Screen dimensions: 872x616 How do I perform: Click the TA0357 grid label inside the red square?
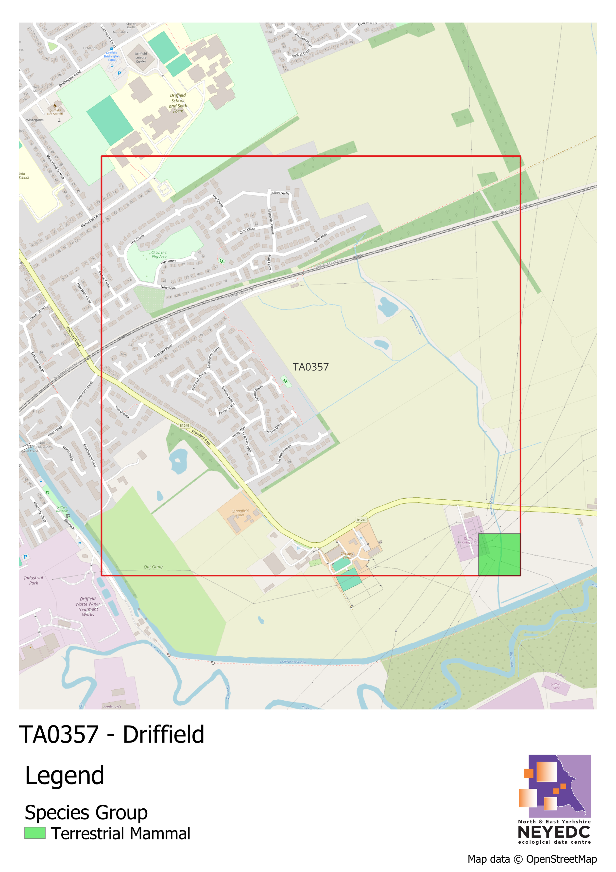click(x=310, y=367)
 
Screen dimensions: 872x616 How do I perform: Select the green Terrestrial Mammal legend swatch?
click(x=35, y=833)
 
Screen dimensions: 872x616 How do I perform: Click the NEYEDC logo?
click(x=554, y=799)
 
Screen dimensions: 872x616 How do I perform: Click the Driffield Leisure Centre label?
click(x=141, y=57)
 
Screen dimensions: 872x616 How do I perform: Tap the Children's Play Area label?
click(x=159, y=254)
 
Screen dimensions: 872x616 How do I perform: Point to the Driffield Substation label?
click(x=470, y=541)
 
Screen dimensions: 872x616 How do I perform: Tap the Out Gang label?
click(x=153, y=567)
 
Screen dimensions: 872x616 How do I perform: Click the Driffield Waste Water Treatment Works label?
click(x=88, y=606)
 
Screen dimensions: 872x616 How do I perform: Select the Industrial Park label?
click(x=34, y=580)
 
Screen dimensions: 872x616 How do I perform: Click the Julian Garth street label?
click(x=280, y=193)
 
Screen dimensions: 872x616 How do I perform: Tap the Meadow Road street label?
click(x=163, y=351)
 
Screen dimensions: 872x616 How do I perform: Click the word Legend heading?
click(x=65, y=775)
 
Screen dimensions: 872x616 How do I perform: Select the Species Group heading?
click(x=86, y=812)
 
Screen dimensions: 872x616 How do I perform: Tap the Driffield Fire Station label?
click(x=55, y=112)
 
